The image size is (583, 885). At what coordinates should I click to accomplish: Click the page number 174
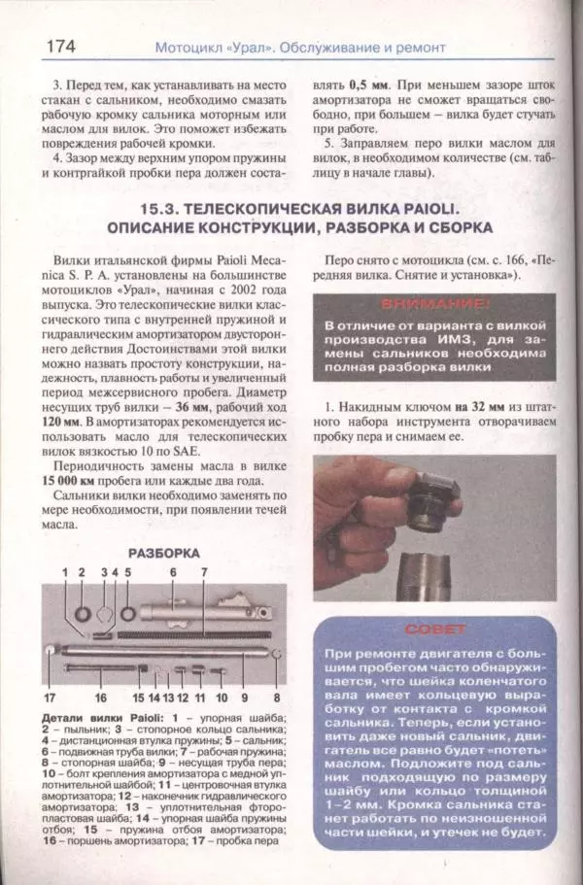[60, 45]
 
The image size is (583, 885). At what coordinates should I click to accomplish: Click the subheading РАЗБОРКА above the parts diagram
[163, 552]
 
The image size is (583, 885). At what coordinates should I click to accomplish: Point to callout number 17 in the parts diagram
[49, 698]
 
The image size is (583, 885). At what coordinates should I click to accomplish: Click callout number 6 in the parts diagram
[173, 573]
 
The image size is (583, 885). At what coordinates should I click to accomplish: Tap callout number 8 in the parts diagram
[276, 698]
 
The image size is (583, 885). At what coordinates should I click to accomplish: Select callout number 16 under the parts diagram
[100, 698]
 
